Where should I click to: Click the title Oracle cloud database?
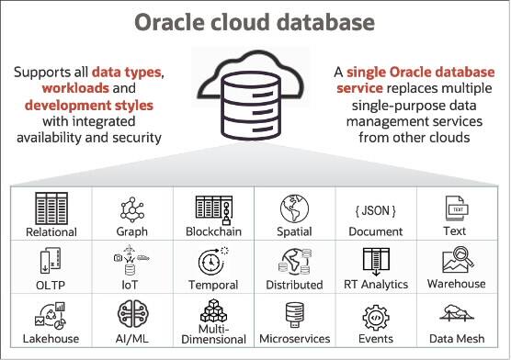tap(255, 22)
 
